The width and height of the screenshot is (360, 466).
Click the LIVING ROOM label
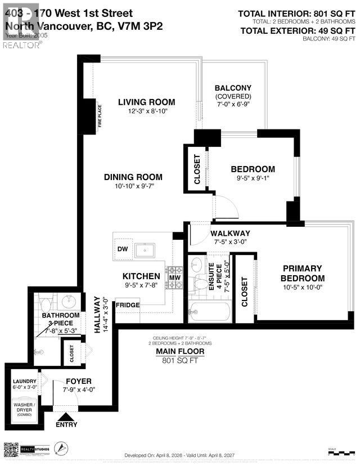pyautogui.click(x=146, y=102)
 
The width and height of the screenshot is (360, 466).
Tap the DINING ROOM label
pyautogui.click(x=133, y=177)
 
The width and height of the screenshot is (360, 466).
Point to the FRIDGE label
pyautogui.click(x=127, y=304)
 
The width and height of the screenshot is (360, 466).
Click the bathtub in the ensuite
pyautogui.click(x=210, y=311)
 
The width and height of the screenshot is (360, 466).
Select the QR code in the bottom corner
pyautogui.click(x=12, y=451)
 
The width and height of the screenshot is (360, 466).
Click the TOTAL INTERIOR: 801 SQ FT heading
pyautogui.click(x=296, y=14)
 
